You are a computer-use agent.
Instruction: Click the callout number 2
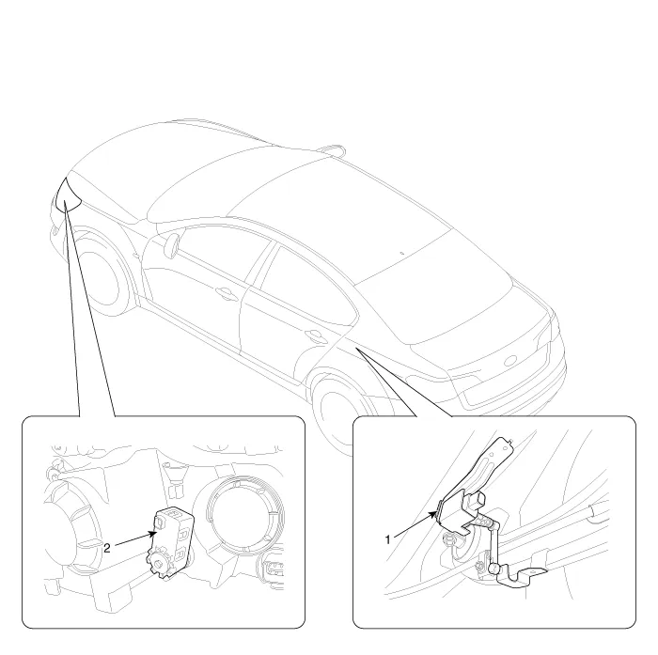click(x=107, y=548)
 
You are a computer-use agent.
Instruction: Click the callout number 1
click(x=387, y=539)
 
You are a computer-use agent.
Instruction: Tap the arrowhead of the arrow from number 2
click(x=153, y=534)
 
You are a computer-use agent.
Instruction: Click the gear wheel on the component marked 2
click(x=158, y=564)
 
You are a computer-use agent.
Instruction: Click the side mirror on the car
click(x=171, y=244)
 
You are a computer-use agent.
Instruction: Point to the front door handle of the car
click(x=227, y=293)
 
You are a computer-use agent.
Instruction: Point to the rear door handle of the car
click(x=315, y=335)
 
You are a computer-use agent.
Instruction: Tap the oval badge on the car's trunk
click(x=509, y=361)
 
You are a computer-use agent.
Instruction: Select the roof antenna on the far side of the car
click(x=332, y=149)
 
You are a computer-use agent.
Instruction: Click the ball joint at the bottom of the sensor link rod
click(x=493, y=569)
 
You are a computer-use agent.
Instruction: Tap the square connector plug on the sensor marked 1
click(x=477, y=501)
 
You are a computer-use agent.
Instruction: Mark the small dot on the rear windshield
click(x=401, y=253)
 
